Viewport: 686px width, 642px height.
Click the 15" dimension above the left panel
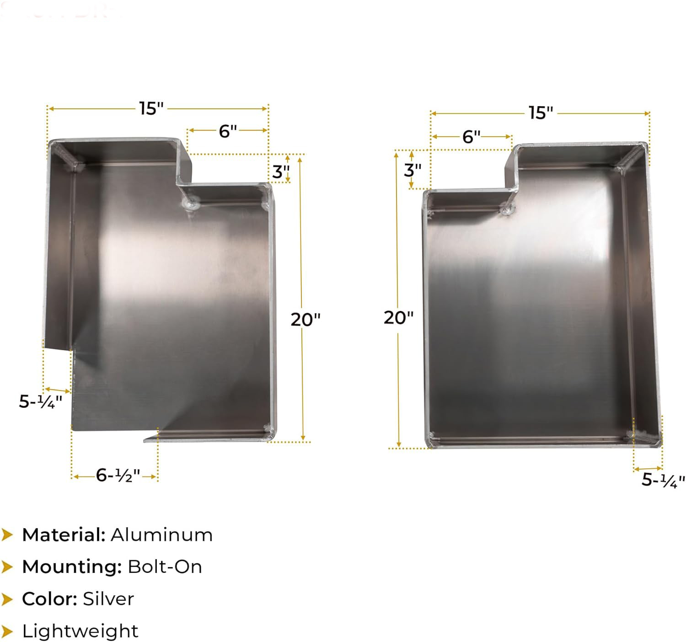point(151,109)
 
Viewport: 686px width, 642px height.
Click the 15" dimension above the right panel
point(541,113)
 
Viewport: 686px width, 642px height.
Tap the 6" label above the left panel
point(228,131)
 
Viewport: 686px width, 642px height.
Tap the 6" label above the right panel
point(471,137)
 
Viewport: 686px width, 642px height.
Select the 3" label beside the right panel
point(412,170)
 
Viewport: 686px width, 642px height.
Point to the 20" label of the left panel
point(305,320)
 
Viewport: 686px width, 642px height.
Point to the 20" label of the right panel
point(398,317)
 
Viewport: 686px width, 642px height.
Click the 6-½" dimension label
point(118,476)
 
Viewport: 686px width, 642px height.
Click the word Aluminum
point(162,535)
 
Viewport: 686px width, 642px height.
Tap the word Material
point(64,535)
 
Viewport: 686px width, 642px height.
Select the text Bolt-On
point(165,567)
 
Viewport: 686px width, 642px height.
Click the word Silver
point(108,599)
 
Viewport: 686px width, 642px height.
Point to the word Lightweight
point(80,631)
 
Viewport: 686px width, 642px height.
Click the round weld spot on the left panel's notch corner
point(190,203)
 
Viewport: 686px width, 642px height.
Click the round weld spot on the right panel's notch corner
point(507,209)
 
